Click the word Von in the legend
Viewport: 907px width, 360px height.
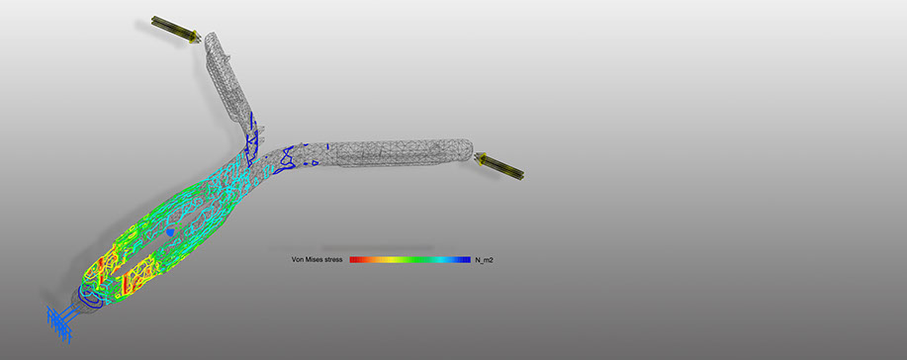click(298, 260)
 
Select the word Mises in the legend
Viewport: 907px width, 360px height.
click(315, 260)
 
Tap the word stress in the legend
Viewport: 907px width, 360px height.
click(334, 260)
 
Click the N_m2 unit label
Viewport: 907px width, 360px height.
click(484, 260)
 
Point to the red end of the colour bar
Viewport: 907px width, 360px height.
click(354, 260)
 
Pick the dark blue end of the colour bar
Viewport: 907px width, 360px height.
click(465, 260)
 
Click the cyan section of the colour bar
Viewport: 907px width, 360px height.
click(444, 260)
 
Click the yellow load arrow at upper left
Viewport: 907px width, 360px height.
click(176, 30)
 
